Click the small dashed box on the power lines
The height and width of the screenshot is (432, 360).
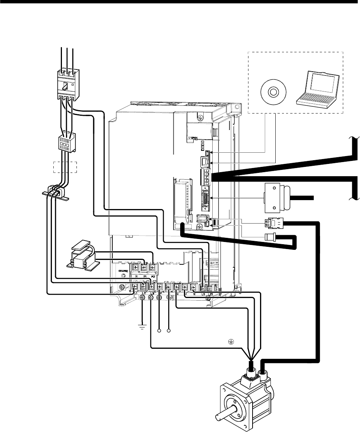tap(65, 167)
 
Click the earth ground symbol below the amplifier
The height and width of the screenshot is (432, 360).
tap(142, 327)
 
